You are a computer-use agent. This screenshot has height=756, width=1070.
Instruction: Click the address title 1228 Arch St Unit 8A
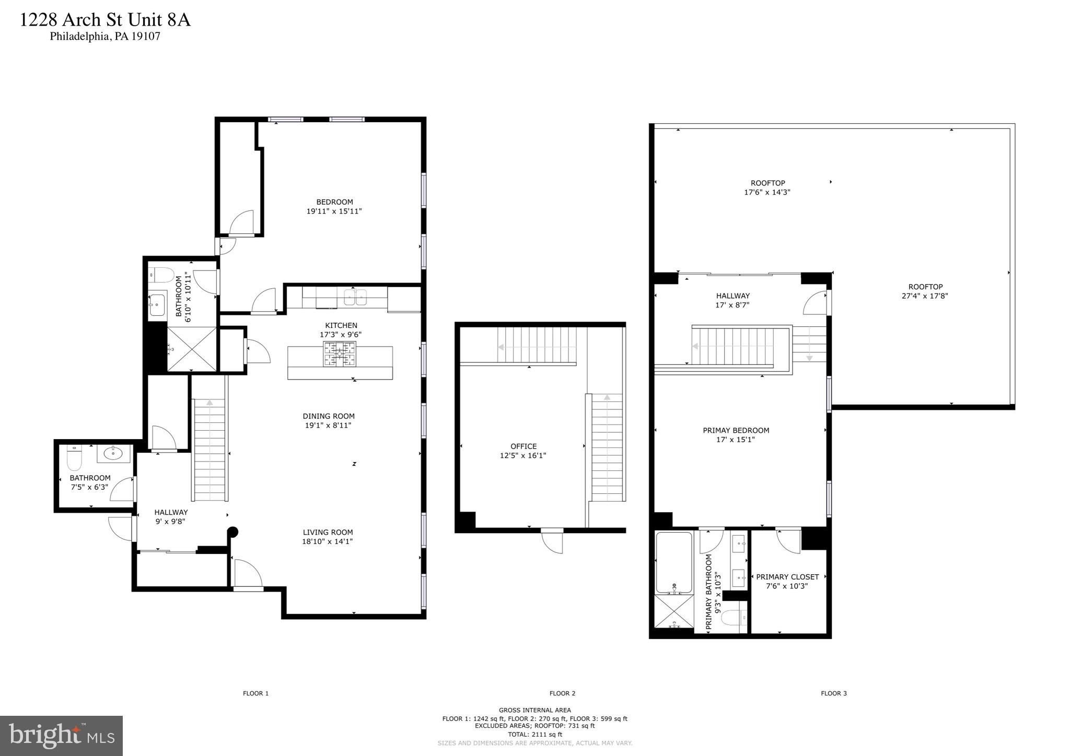105,20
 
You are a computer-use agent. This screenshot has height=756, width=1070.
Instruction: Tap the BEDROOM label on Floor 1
334,202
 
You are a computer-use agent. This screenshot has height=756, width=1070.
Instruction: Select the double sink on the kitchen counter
355,298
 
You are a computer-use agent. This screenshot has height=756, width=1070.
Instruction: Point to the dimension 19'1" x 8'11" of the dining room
328,426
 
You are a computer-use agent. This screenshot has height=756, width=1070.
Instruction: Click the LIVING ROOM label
328,532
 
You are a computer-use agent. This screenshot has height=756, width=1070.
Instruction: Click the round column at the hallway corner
233,532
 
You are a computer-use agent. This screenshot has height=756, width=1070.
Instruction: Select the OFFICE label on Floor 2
524,446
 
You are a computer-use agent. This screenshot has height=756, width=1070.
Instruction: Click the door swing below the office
553,542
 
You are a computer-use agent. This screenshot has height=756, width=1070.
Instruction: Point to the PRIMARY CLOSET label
787,577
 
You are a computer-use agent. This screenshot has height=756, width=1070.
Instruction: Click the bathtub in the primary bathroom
674,563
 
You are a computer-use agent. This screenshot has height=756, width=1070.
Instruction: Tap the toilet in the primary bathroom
732,618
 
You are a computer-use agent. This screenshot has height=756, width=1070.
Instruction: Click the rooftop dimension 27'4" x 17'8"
925,296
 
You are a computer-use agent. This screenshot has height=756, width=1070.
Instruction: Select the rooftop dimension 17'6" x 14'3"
767,192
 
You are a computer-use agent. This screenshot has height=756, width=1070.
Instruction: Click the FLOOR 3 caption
833,693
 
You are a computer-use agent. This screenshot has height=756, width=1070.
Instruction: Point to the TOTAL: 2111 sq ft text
534,734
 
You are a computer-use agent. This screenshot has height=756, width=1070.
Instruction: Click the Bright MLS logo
61,736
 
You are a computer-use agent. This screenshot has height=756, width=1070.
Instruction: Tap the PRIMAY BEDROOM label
736,431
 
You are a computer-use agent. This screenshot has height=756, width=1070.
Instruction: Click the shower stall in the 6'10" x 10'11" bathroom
191,349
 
